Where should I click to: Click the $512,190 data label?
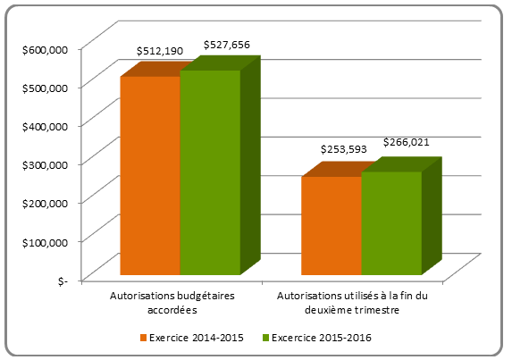coord(160,52)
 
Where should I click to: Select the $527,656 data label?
coord(227,45)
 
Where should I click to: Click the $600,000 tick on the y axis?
coord(45,50)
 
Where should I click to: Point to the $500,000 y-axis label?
coord(45,88)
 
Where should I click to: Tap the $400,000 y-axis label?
coord(45,127)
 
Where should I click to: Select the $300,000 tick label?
coord(45,165)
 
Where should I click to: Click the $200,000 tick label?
coord(45,204)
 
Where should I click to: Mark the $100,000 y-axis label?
coord(45,242)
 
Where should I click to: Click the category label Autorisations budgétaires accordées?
coord(165,302)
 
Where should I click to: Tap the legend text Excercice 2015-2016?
coord(321,338)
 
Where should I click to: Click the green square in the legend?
coord(264,338)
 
